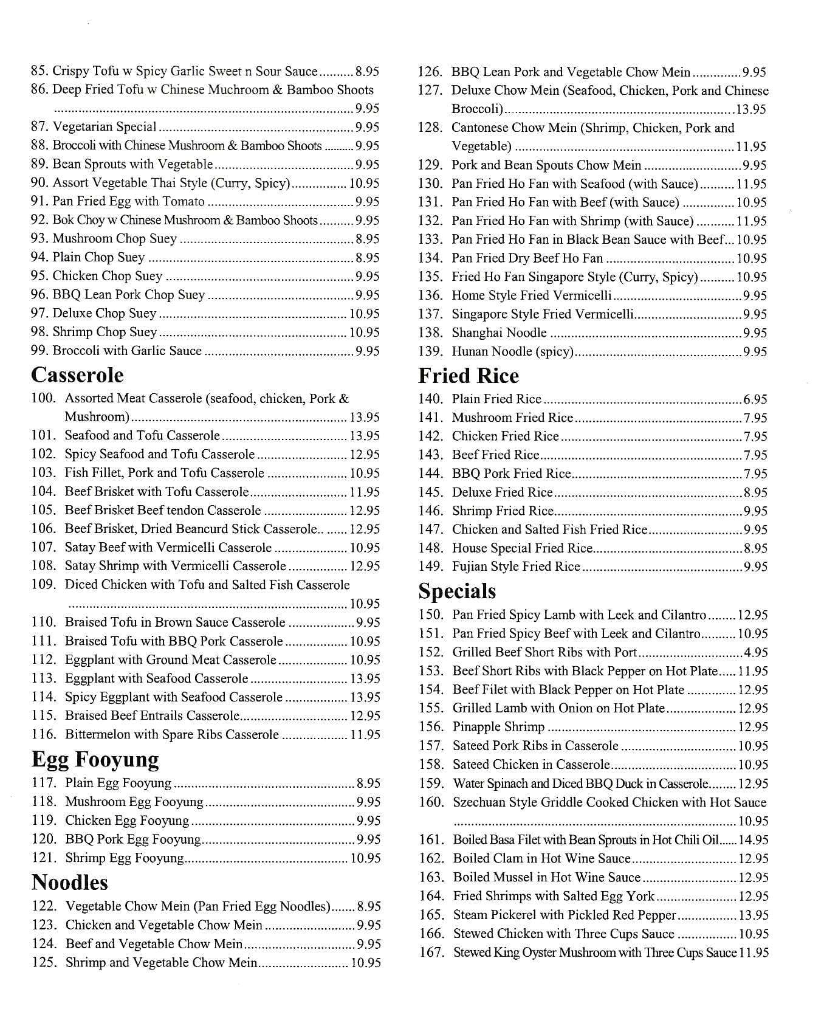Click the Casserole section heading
click(77, 375)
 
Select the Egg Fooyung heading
click(95, 760)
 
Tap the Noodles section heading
click(69, 882)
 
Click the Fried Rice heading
click(468, 376)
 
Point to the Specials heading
click(456, 591)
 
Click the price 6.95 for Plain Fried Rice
click(755, 399)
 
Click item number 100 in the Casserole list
click(43, 399)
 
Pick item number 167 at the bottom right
click(431, 952)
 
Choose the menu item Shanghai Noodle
click(499, 332)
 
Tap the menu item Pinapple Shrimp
click(498, 727)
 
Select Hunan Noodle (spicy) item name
click(512, 351)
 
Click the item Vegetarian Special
click(105, 127)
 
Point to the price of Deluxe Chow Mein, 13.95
click(751, 109)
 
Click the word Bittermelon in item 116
click(97, 734)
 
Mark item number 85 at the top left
click(39, 71)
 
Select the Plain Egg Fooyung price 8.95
click(368, 784)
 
